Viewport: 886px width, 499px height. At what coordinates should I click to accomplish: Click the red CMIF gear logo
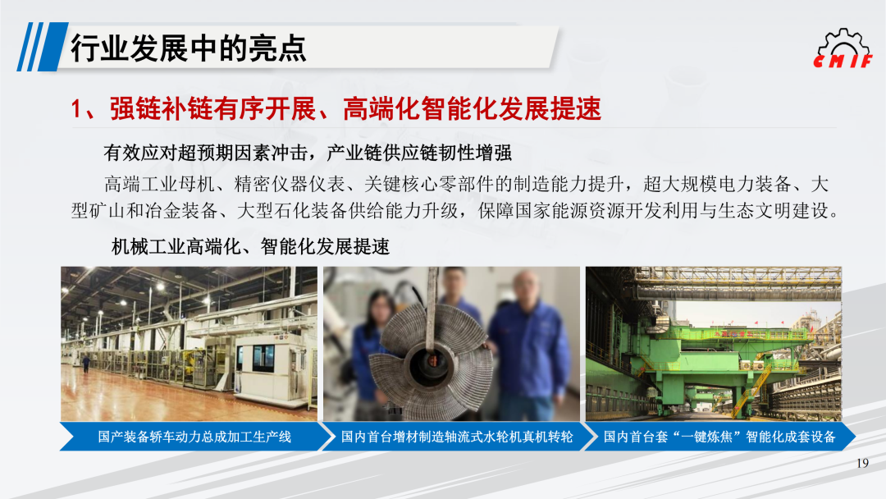click(x=843, y=48)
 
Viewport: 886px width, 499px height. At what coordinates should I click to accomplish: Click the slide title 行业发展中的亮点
click(x=188, y=48)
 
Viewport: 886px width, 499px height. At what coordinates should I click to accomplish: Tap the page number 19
click(x=862, y=464)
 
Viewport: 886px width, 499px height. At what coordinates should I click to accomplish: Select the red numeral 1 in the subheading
click(x=77, y=108)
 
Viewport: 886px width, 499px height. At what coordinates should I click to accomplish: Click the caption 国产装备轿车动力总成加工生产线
click(x=194, y=437)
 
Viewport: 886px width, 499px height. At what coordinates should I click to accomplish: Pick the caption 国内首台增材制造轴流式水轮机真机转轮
click(x=457, y=437)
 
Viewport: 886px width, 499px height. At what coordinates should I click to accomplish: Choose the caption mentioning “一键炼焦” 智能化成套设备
click(x=719, y=437)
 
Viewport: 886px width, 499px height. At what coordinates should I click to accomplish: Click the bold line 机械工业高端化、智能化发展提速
click(x=250, y=246)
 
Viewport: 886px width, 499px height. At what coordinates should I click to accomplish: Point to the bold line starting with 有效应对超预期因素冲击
click(x=308, y=153)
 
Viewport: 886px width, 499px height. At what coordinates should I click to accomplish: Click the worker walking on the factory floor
click(x=86, y=363)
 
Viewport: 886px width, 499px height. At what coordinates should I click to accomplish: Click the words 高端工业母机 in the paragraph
click(x=159, y=184)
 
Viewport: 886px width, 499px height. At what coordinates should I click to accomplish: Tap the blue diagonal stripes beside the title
click(x=43, y=47)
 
